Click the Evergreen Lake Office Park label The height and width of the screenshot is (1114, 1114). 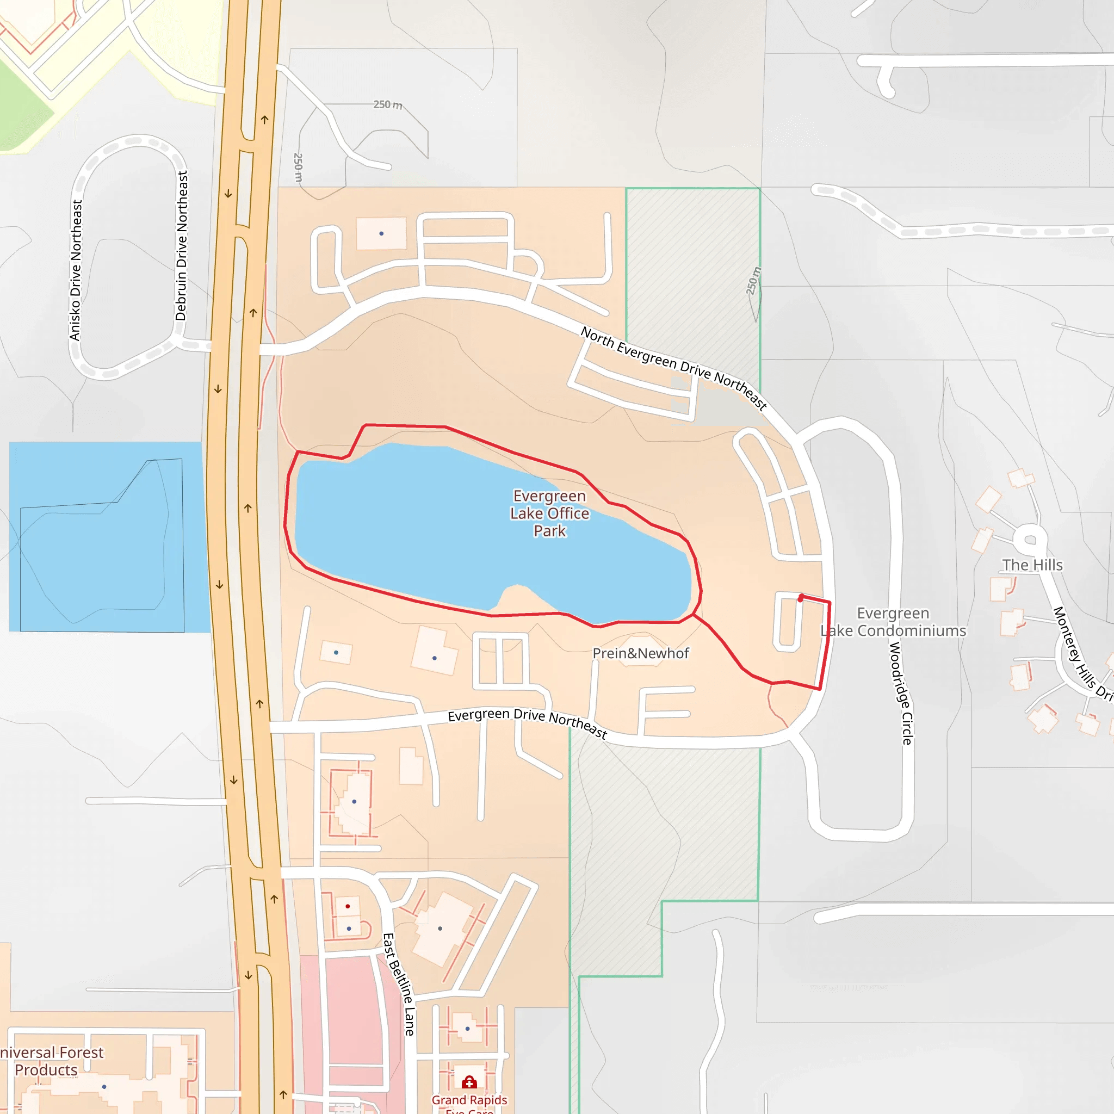(x=549, y=513)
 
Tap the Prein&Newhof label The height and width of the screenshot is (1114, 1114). (x=641, y=653)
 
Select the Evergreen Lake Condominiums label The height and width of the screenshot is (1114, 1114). (x=893, y=622)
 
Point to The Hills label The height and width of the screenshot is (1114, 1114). (x=1032, y=565)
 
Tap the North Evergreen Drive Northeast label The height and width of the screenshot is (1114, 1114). (x=673, y=367)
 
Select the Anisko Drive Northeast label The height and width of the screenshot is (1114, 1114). (x=76, y=270)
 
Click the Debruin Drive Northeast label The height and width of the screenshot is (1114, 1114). (x=182, y=246)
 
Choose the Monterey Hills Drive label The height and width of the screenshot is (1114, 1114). (x=1082, y=654)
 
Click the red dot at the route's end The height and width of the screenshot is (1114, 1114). (x=801, y=598)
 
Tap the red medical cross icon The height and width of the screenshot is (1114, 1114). (x=469, y=1082)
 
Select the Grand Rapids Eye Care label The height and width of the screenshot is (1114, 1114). (x=469, y=1103)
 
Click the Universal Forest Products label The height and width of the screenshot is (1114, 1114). (x=49, y=1061)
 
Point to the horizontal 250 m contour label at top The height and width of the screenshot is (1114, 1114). (x=387, y=104)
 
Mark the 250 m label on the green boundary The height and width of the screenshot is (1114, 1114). (x=753, y=281)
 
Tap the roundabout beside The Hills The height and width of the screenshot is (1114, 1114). (x=1030, y=540)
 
